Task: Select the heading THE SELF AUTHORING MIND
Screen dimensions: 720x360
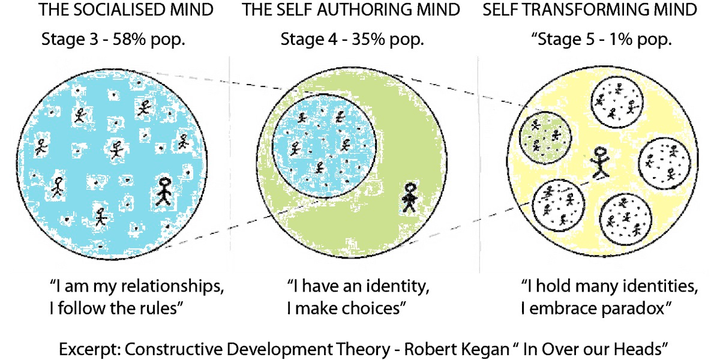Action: click(x=351, y=10)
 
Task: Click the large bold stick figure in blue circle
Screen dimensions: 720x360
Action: click(x=163, y=191)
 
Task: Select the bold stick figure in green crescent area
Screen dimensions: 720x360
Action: click(x=409, y=197)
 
